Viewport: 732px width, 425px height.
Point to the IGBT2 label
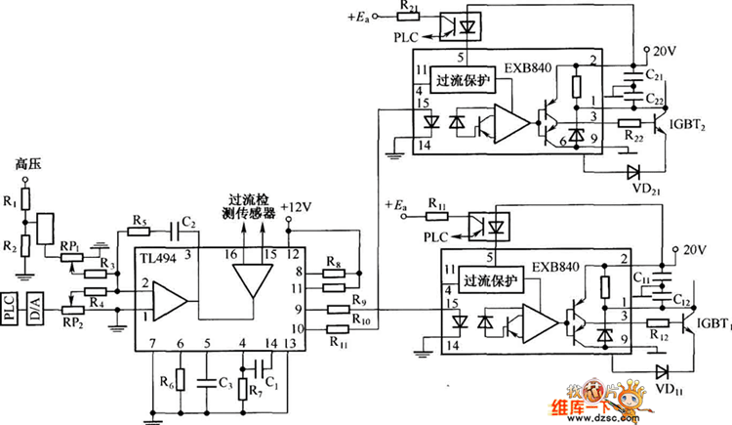tap(689, 126)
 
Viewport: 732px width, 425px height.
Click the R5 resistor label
tap(139, 220)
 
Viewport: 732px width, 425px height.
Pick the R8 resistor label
tap(334, 262)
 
